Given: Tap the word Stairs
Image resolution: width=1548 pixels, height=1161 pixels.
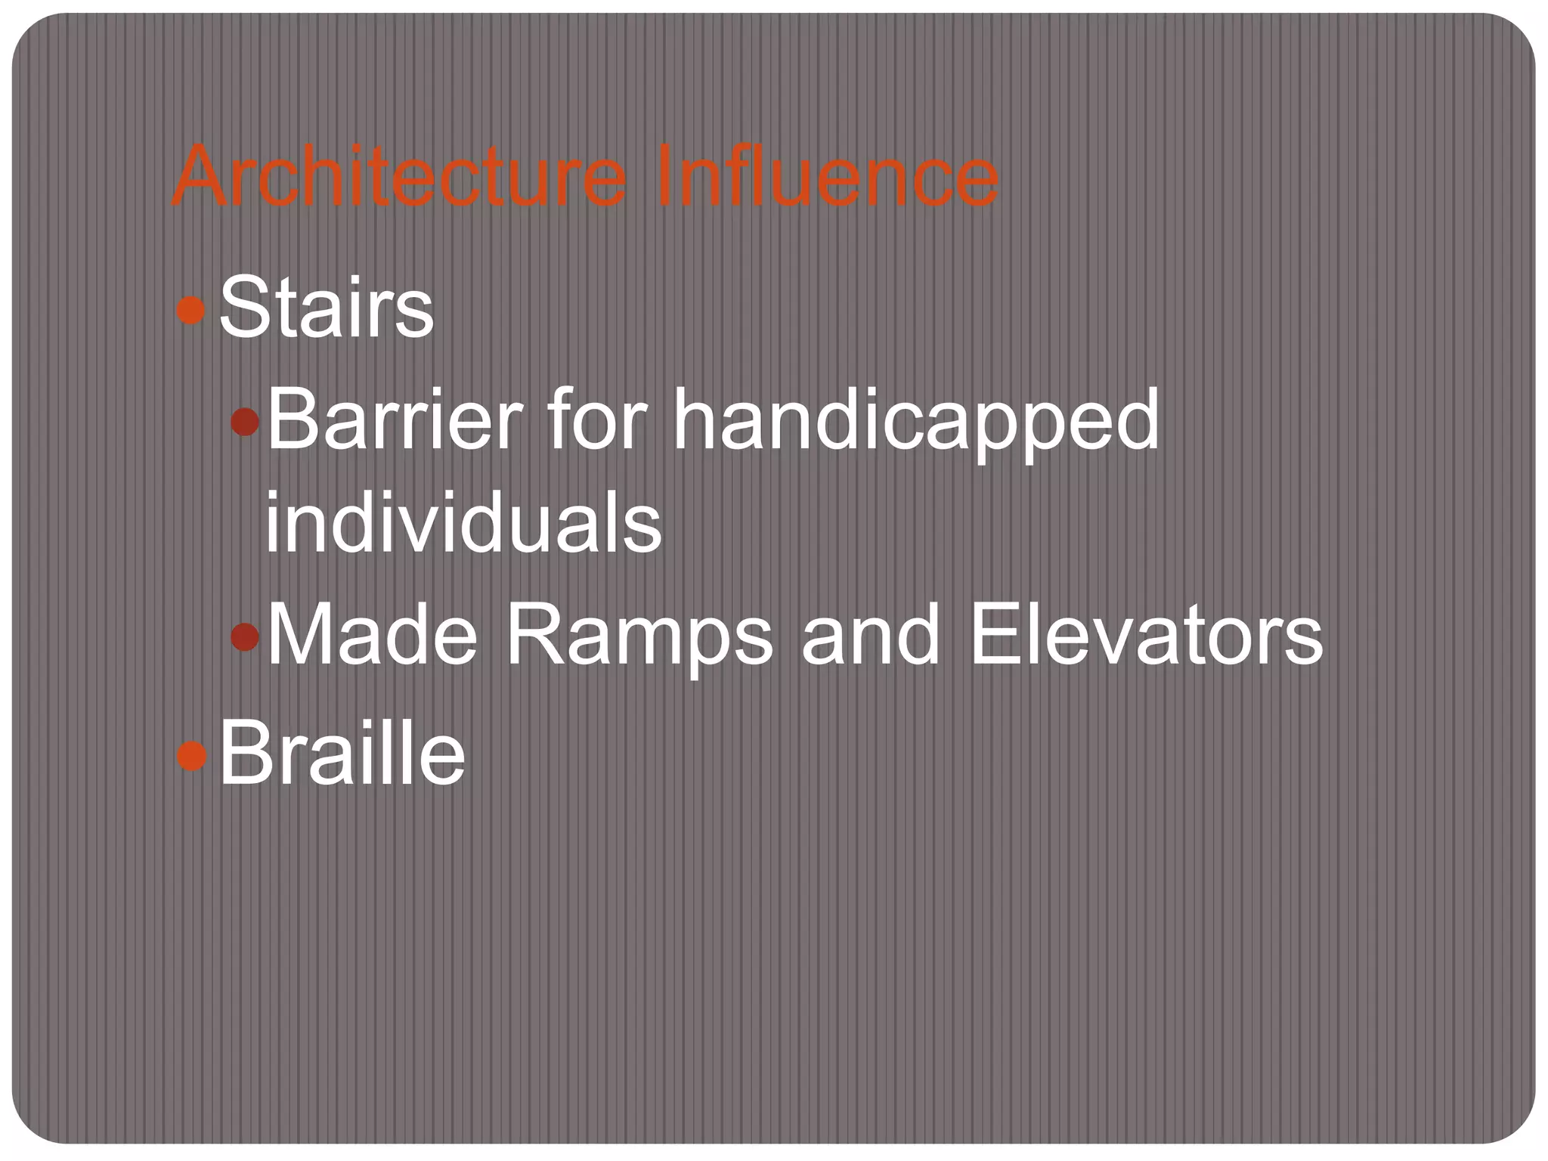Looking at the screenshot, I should point(327,308).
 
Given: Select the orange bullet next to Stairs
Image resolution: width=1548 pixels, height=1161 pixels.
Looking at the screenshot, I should point(190,310).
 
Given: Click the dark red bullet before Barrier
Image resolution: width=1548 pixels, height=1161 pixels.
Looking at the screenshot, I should point(246,421).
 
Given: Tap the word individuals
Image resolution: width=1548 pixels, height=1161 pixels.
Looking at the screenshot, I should point(463,522).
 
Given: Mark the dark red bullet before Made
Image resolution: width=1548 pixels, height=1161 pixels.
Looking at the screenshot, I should point(246,637).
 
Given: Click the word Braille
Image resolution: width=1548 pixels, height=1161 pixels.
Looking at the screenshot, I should point(342,753).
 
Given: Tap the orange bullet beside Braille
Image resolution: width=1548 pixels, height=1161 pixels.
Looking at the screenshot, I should point(191,755).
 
